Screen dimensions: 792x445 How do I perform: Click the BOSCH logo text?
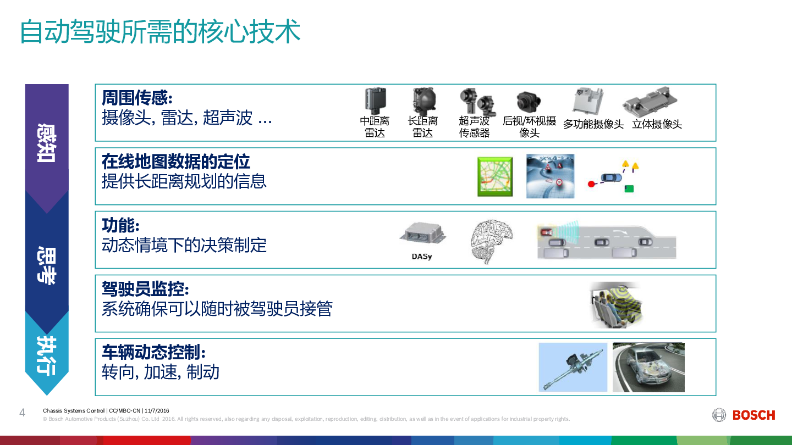[x=754, y=415]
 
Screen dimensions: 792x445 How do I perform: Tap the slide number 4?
[x=22, y=413]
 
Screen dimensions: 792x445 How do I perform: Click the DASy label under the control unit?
[x=422, y=257]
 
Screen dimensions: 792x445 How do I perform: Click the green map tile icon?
[x=495, y=176]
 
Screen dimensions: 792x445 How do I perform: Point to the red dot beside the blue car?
[x=591, y=184]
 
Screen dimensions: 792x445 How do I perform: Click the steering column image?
[x=573, y=368]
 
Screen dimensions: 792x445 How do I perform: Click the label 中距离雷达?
[x=375, y=127]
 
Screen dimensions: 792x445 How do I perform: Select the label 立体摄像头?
[x=657, y=124]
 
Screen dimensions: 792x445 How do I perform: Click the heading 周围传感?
[x=137, y=97]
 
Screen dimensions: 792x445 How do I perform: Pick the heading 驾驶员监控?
[x=145, y=288]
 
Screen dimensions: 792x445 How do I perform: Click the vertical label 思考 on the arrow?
[x=47, y=265]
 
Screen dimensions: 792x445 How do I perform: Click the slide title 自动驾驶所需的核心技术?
[x=160, y=32]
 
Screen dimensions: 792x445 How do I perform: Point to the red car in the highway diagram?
[x=546, y=232]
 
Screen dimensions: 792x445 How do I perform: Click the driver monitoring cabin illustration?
[x=616, y=304]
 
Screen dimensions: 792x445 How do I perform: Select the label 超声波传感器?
[x=474, y=127]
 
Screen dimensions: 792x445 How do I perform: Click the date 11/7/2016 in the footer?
[x=157, y=411]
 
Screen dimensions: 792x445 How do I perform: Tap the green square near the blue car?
[x=629, y=188]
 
